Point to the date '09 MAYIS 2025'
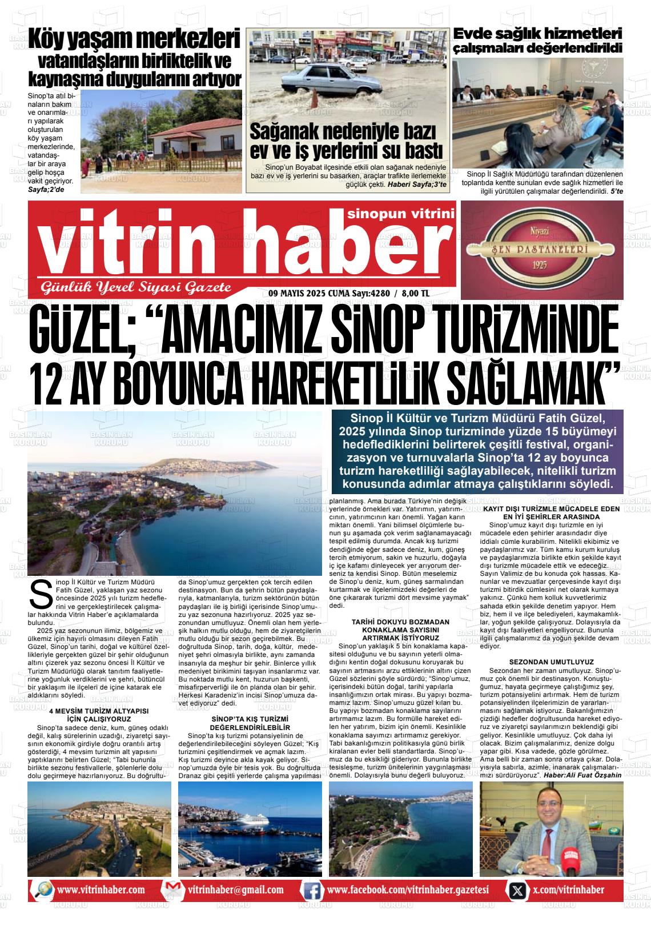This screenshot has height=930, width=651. pyautogui.click(x=296, y=294)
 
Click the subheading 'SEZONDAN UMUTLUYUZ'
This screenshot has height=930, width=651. pyautogui.click(x=551, y=661)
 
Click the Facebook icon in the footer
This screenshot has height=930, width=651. pyautogui.click(x=312, y=890)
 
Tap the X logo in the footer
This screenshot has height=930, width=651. pyautogui.click(x=517, y=890)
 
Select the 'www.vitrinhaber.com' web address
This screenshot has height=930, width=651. pyautogui.click(x=101, y=890)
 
